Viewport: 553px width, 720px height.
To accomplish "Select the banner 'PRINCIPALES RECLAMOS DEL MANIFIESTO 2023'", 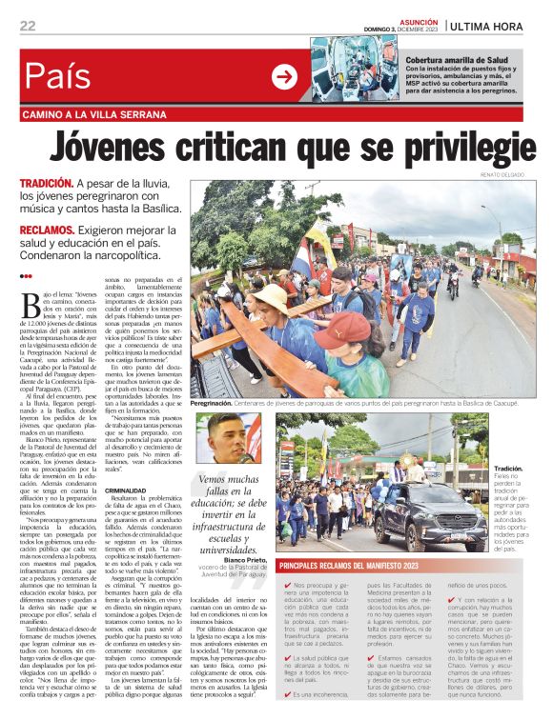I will tap(364, 566).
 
